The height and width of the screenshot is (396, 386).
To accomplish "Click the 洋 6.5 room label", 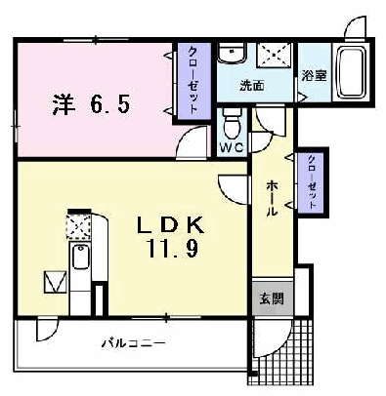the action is (x=91, y=104).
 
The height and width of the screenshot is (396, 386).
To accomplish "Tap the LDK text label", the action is (x=170, y=225).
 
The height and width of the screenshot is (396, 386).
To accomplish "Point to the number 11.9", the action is (x=173, y=249).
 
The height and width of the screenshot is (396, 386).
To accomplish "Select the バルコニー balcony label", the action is (x=133, y=343).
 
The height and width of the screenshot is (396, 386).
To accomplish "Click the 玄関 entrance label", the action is (x=272, y=298).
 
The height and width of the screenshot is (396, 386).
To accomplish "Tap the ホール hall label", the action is (x=273, y=198).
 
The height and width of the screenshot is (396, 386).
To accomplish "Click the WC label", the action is (x=232, y=148).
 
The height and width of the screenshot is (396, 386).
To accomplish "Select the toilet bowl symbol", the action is (x=232, y=123).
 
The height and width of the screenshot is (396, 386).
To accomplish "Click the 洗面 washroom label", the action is (x=252, y=86).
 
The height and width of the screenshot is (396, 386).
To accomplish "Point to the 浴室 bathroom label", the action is (x=314, y=76).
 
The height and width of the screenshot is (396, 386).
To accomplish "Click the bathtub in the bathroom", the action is (x=351, y=72).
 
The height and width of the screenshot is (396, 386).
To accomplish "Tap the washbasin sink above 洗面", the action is (x=231, y=54).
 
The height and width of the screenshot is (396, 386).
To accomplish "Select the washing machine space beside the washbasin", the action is (x=274, y=55).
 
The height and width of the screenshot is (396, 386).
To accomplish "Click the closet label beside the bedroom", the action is (x=193, y=80).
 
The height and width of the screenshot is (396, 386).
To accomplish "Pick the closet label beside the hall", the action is (x=312, y=182).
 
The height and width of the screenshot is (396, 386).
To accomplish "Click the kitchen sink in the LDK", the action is (x=80, y=257).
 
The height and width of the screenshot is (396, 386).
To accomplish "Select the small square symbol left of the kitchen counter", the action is (x=56, y=282).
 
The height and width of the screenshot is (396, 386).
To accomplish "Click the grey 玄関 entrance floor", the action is (x=273, y=297).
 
